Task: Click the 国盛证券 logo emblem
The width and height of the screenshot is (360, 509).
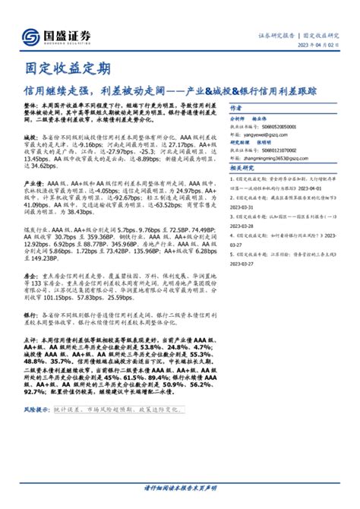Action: pyautogui.click(x=31, y=36)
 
